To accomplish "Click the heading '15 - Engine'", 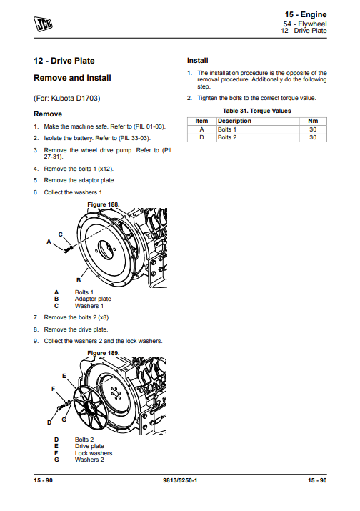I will coord(307,14).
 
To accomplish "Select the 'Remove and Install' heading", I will coord(72,77).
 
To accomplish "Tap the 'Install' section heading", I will coord(197,60).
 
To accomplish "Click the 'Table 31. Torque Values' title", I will coord(256,111).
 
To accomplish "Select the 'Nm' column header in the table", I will coord(312,121).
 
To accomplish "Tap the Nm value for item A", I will coord(312,129).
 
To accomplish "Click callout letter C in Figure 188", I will coord(60,234).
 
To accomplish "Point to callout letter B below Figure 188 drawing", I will coord(78,279).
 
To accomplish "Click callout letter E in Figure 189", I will coord(64,376).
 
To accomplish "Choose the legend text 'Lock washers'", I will coord(94,453).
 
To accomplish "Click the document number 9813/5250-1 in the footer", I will coord(180,480).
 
